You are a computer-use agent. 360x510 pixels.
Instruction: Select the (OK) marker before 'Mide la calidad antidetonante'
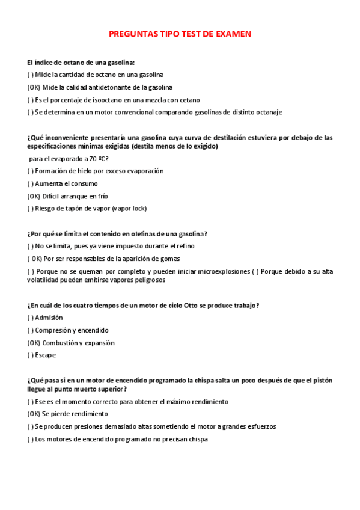click(x=34, y=87)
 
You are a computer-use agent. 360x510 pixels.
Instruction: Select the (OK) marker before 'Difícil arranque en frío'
click(x=34, y=196)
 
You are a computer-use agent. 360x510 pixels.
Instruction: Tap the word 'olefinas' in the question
click(x=153, y=234)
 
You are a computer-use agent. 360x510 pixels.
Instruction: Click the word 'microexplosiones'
click(x=224, y=271)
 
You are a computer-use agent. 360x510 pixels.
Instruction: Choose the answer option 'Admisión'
click(x=49, y=318)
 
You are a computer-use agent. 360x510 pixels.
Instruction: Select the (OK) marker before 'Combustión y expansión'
click(x=34, y=343)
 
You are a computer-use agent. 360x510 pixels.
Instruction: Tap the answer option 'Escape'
click(x=45, y=355)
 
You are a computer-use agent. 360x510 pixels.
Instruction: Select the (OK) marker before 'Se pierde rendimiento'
click(x=34, y=414)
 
